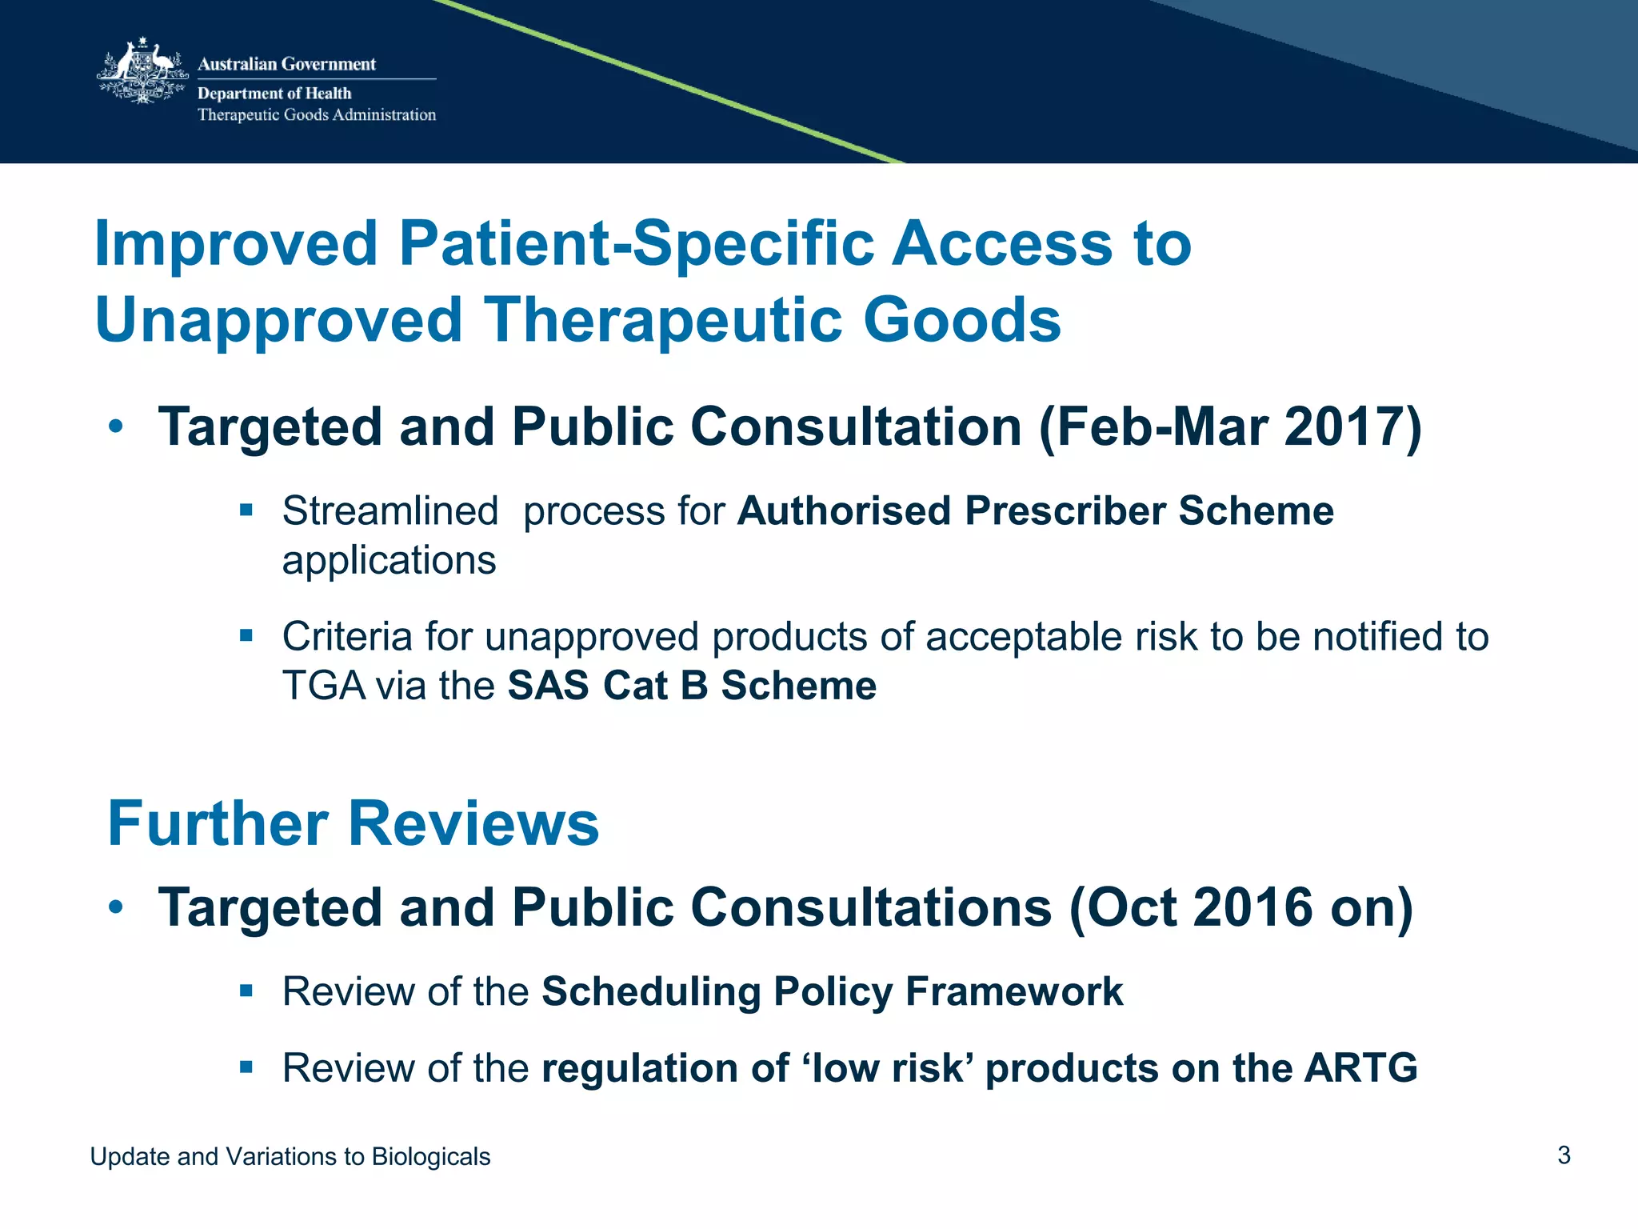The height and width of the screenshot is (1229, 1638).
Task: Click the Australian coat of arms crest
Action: pyautogui.click(x=142, y=72)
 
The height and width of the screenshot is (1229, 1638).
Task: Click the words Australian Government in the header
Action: pyautogui.click(x=286, y=64)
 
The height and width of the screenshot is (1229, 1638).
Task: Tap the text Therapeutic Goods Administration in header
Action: pyautogui.click(x=317, y=114)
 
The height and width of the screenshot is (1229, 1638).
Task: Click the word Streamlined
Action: pyautogui.click(x=390, y=510)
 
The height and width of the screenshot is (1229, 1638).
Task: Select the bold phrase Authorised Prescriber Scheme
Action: pyautogui.click(x=1035, y=510)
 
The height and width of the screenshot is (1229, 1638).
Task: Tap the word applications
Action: pyautogui.click(x=389, y=560)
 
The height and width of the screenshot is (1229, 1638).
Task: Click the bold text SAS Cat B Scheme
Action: pyautogui.click(x=692, y=686)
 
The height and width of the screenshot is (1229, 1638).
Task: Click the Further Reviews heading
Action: pyautogui.click(x=353, y=823)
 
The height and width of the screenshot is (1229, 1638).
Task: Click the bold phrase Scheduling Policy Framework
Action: pyautogui.click(x=832, y=991)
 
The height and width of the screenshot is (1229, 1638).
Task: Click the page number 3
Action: pyautogui.click(x=1564, y=1155)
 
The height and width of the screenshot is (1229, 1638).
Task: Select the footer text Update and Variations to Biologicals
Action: pyautogui.click(x=290, y=1156)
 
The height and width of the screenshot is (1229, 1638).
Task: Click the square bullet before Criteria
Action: pyautogui.click(x=246, y=636)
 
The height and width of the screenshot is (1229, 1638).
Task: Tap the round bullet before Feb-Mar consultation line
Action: pyautogui.click(x=116, y=426)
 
